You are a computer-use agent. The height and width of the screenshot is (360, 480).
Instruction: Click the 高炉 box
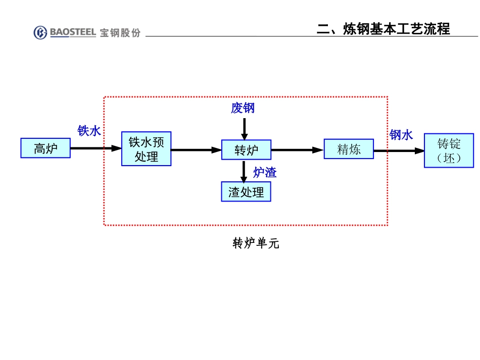point(45,148)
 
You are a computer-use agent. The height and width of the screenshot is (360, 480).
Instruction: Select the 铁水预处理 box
point(147,149)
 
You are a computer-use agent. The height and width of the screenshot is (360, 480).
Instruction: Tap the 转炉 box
point(247,150)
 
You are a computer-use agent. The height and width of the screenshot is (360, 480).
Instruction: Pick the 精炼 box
point(349,149)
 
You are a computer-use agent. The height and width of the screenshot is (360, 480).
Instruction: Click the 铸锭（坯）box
point(449,150)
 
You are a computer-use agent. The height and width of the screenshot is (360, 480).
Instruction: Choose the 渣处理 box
point(246,192)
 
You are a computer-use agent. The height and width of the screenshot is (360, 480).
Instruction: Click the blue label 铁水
point(89,131)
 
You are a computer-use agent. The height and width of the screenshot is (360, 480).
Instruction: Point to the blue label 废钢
point(243,108)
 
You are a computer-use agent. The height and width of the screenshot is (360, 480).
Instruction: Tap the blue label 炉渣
point(265,173)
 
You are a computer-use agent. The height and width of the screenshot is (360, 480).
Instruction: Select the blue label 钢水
point(401,135)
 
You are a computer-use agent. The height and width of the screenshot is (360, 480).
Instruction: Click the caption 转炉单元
point(256,243)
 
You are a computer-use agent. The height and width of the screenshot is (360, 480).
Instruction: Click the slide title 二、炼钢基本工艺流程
point(383,29)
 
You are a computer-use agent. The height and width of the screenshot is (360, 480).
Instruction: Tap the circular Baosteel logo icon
point(40,32)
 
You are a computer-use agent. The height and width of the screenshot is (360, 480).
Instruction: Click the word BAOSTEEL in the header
point(73,32)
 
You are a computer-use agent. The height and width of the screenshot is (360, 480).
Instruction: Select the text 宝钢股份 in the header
point(120,33)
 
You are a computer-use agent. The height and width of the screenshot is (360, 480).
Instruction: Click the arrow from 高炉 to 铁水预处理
point(96,148)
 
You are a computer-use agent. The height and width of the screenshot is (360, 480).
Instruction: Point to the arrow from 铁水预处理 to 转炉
point(196,150)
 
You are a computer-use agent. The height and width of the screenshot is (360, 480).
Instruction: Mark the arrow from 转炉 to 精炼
point(297,150)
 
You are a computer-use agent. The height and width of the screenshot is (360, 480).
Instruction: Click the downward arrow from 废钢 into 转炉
point(244,129)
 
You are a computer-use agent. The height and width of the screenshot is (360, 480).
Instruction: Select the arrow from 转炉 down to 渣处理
point(244,172)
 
